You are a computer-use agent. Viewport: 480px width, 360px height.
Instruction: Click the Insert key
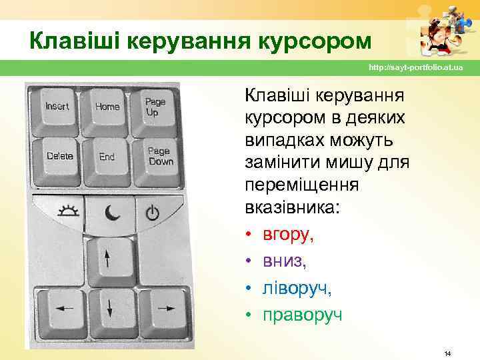57,109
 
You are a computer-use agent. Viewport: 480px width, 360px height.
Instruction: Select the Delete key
59,158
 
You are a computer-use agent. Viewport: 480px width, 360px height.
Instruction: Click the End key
107,158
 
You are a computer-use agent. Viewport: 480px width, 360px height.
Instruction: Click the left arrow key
64,307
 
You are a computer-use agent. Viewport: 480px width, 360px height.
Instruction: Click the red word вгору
287,235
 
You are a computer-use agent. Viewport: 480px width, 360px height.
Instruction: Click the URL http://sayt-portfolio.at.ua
417,69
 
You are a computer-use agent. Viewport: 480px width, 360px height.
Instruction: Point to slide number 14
447,353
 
